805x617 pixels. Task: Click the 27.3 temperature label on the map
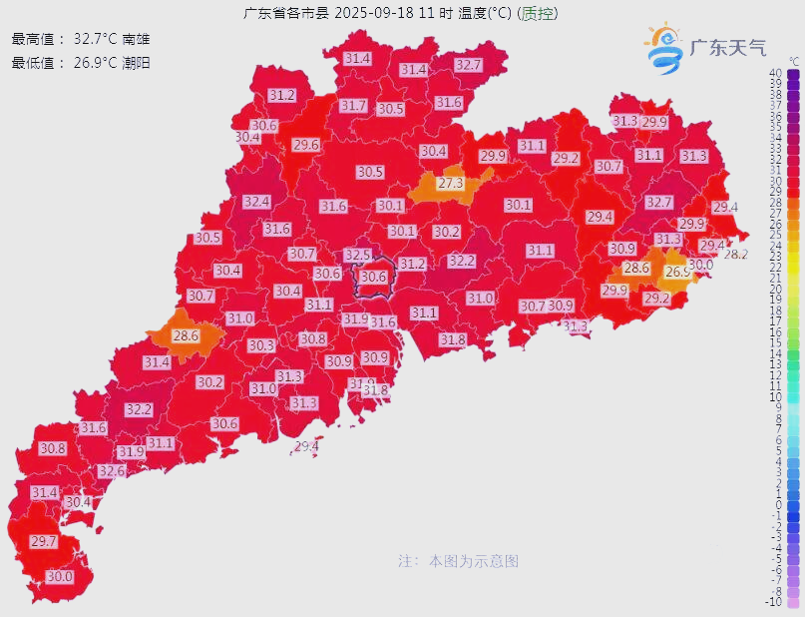click(x=451, y=184)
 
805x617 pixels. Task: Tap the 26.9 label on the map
click(x=677, y=272)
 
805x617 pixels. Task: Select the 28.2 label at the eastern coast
click(x=735, y=255)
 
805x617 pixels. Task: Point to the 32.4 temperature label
click(x=256, y=202)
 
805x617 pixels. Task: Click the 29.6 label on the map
click(x=306, y=145)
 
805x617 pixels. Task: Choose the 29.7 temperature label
click(x=44, y=541)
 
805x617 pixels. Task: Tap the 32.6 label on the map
click(x=112, y=471)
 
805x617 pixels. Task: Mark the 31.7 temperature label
click(x=353, y=105)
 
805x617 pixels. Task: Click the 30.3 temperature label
click(x=261, y=345)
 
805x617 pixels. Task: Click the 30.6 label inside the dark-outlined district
click(x=374, y=277)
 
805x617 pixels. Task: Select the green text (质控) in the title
click(x=540, y=13)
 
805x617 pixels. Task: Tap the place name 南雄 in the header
click(x=136, y=39)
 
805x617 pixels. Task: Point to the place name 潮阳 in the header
click(x=136, y=62)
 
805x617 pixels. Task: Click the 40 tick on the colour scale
click(x=774, y=74)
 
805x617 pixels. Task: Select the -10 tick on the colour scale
click(x=773, y=601)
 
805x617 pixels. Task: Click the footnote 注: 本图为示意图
click(x=458, y=561)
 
